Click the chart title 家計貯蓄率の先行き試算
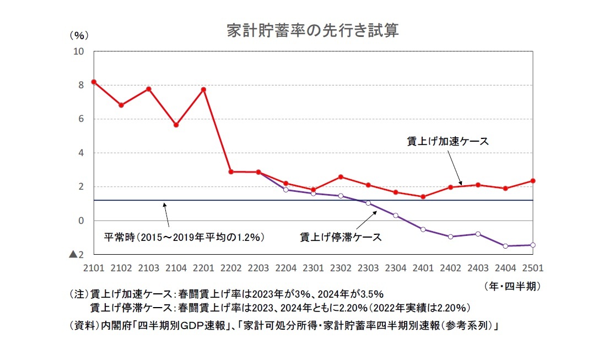312,31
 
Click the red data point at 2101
94,82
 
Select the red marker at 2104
176,125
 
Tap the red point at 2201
204,89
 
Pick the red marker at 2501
533,180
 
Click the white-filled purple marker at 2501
533,245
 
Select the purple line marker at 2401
423,229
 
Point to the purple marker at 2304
396,216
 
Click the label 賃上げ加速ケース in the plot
447,141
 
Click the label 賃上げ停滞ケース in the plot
341,238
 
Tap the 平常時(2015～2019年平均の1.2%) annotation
185,238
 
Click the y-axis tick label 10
78,51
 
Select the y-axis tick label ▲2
76,255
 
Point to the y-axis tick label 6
81,119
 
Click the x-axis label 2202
231,268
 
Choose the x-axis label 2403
478,268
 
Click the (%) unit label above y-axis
79,35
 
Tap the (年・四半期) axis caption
512,286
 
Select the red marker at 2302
341,177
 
